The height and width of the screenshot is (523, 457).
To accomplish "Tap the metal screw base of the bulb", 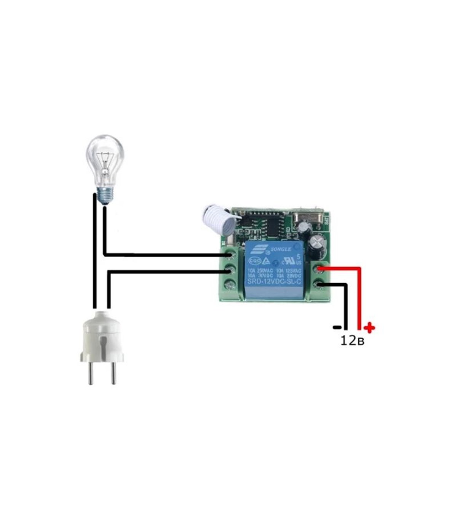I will coord(105,196).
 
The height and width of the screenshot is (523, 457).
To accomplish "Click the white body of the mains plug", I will coord(102,335).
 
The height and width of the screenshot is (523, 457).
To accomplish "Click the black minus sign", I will coord(337,327).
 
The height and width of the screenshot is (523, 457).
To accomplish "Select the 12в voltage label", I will coord(352,340).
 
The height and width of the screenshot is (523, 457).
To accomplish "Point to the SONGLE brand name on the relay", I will coord(281,249).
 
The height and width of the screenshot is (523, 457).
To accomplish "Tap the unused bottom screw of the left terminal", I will coord(230,284).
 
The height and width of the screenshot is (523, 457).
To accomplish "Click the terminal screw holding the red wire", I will coord(318,270).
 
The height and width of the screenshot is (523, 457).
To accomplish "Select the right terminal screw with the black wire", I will coord(318,284).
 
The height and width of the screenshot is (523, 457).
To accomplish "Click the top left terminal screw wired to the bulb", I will coord(230,255).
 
